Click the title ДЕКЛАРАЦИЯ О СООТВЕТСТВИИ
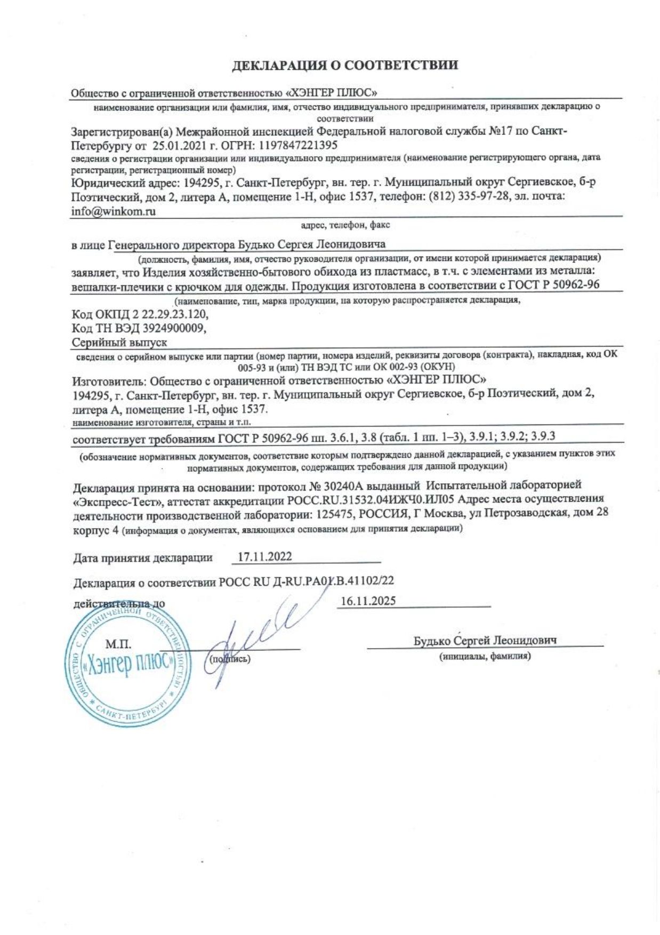[345, 66]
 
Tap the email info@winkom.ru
[113, 211]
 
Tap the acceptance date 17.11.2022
[264, 557]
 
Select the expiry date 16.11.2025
[368, 601]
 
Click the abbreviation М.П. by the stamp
[118, 644]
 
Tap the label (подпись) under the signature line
[230, 659]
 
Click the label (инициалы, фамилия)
[485, 657]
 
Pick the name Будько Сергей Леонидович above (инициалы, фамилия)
[485, 641]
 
